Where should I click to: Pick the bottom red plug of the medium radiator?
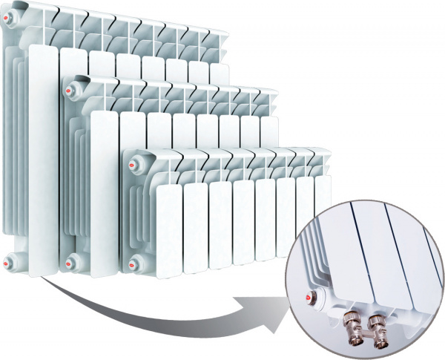(71, 261)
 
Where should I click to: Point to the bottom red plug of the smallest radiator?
(134, 261)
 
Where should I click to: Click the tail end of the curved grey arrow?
(44, 282)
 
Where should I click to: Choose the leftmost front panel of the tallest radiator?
(44, 148)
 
